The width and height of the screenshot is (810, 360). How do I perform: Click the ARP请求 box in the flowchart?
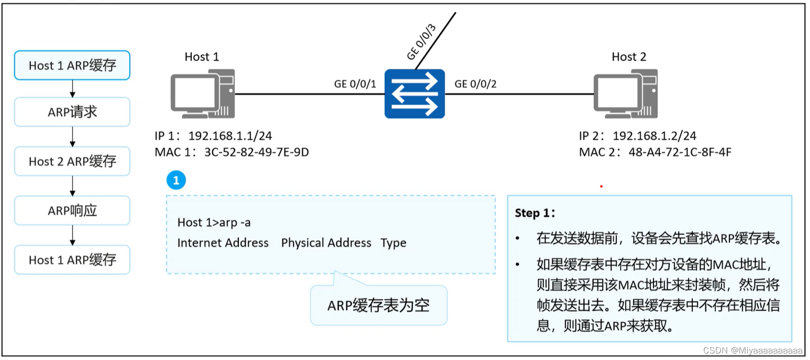click(72, 112)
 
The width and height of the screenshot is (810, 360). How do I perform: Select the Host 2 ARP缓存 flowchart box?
click(72, 161)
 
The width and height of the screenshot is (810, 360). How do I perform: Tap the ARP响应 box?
click(72, 210)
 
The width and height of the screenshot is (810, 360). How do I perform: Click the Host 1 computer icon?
click(202, 93)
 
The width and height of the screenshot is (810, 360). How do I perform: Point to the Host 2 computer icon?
click(626, 93)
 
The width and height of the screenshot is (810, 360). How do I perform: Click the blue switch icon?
click(414, 93)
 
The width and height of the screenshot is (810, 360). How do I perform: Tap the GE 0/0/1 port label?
click(355, 84)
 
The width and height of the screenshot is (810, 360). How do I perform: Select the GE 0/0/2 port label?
click(475, 84)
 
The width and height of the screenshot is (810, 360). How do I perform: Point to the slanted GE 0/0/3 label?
click(421, 42)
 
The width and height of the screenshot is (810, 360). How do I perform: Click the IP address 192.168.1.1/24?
click(230, 136)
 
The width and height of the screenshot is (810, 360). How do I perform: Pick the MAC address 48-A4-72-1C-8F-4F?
click(680, 152)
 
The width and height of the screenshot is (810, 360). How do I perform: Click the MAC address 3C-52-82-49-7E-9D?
click(256, 152)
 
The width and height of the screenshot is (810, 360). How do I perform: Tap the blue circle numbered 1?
click(176, 180)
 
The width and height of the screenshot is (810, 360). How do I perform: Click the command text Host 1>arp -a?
click(214, 222)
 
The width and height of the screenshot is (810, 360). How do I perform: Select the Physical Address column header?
click(326, 243)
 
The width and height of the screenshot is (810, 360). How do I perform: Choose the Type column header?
click(393, 243)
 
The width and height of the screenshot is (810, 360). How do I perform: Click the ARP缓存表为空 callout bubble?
click(378, 305)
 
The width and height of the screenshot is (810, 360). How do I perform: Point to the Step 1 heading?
click(535, 213)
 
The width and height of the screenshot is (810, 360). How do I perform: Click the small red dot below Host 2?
click(601, 186)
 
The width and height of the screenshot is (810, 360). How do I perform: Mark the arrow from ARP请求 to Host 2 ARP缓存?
click(73, 136)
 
